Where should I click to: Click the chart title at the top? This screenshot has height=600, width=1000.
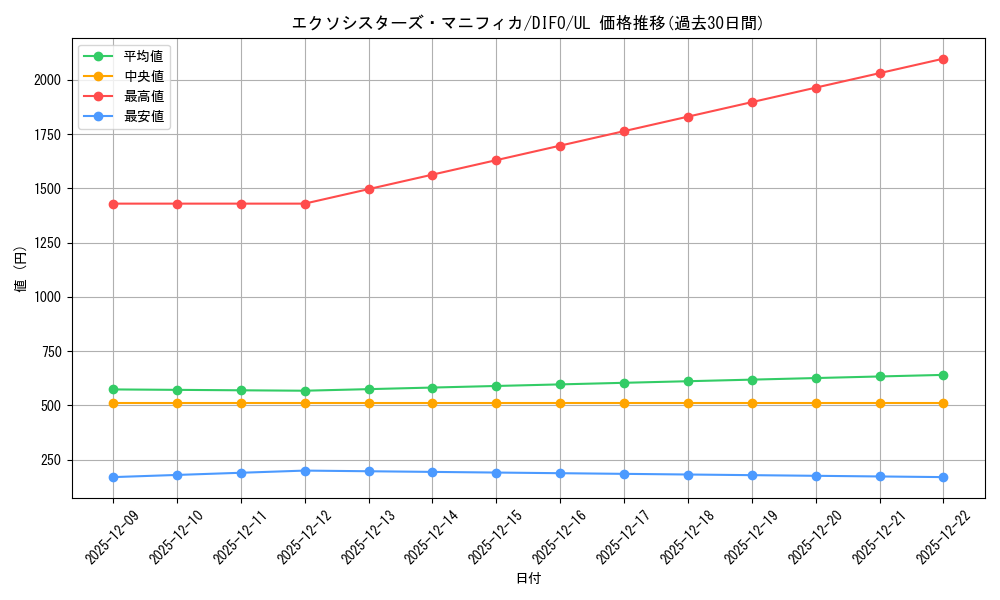tap(528, 23)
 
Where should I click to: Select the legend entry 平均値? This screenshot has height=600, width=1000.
tap(144, 56)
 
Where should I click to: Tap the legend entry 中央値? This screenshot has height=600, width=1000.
tap(144, 76)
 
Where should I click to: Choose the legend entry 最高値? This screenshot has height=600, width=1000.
tap(144, 96)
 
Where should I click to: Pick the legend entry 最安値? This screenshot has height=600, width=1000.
tap(144, 116)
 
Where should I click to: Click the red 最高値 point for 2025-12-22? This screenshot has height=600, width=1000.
tap(943, 59)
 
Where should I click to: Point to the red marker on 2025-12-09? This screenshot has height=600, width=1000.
tap(113, 204)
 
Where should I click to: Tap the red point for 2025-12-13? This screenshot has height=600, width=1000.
tap(369, 189)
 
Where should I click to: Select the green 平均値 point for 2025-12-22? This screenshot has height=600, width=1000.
tap(943, 375)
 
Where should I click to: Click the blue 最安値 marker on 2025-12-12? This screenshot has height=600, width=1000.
tap(305, 471)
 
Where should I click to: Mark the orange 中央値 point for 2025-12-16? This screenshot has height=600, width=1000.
tap(560, 403)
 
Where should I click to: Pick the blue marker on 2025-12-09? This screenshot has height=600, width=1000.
tap(113, 477)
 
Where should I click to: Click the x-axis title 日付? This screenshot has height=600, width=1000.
tap(528, 579)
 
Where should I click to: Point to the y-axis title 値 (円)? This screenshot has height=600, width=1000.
tap(21, 269)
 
